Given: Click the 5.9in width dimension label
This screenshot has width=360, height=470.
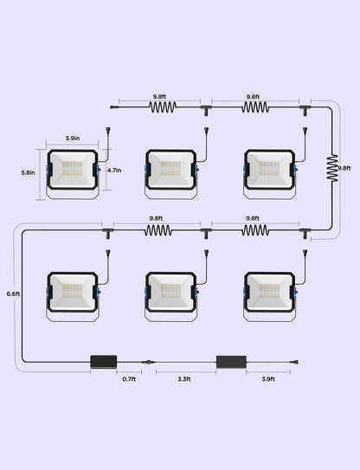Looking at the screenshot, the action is coord(73,138).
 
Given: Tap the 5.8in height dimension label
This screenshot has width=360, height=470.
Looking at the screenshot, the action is coord(28,172).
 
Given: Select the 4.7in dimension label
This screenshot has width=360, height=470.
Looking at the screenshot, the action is coord(114,171).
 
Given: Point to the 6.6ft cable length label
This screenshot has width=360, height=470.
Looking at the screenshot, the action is coord(13,293).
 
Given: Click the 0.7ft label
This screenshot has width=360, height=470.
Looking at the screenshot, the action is coord(129,379).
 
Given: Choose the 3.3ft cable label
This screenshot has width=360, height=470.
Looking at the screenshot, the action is coord(184,379).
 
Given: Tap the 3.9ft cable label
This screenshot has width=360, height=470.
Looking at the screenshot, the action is coord(268,379).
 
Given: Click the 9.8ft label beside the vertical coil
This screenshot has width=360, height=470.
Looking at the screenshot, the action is coord(344,168).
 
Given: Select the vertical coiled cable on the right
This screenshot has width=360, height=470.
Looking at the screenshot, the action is coord(332,168).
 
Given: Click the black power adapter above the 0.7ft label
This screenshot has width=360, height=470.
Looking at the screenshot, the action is coord(104,362).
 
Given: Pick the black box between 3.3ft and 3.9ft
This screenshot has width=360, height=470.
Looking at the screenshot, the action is coord(231,362).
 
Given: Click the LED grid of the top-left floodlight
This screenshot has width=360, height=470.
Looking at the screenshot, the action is coord(73,169).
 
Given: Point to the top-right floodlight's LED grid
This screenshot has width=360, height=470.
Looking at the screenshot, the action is coord(269,169).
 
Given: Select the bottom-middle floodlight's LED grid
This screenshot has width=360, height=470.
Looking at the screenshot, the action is coord(170,291).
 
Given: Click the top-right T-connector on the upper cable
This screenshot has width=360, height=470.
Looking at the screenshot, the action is coord(305,110).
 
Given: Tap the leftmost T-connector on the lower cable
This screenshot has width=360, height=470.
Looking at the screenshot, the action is coord(108,233).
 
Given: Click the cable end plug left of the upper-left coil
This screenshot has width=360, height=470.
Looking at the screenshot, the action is coord(115,106).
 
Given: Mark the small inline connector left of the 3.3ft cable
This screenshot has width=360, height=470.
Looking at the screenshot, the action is coord(148,362).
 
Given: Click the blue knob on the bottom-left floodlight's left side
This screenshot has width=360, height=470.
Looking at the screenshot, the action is coord(48,293).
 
